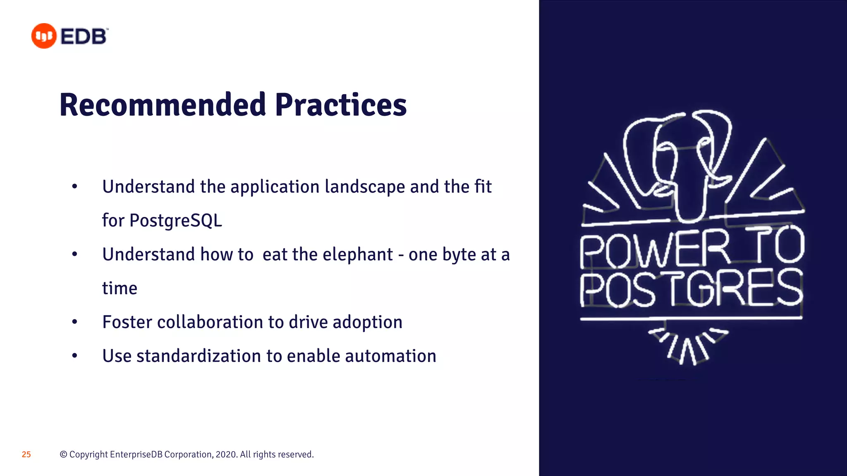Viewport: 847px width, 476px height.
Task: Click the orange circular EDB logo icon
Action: pos(44,36)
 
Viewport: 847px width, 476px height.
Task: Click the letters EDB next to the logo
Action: pos(84,36)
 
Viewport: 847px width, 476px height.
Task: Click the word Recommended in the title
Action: pos(163,105)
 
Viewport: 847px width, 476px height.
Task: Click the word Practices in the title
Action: pos(341,105)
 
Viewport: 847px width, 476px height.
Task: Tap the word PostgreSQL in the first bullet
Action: pos(175,220)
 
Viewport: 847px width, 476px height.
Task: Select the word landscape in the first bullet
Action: pos(365,187)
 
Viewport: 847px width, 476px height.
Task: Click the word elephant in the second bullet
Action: pos(358,255)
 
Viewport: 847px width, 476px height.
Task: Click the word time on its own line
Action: pos(120,288)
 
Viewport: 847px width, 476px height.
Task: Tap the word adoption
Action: pos(367,322)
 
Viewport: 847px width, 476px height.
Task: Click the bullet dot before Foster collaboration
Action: pos(74,322)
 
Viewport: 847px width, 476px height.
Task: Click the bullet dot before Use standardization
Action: pos(74,356)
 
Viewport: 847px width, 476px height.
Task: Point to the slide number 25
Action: pos(26,455)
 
